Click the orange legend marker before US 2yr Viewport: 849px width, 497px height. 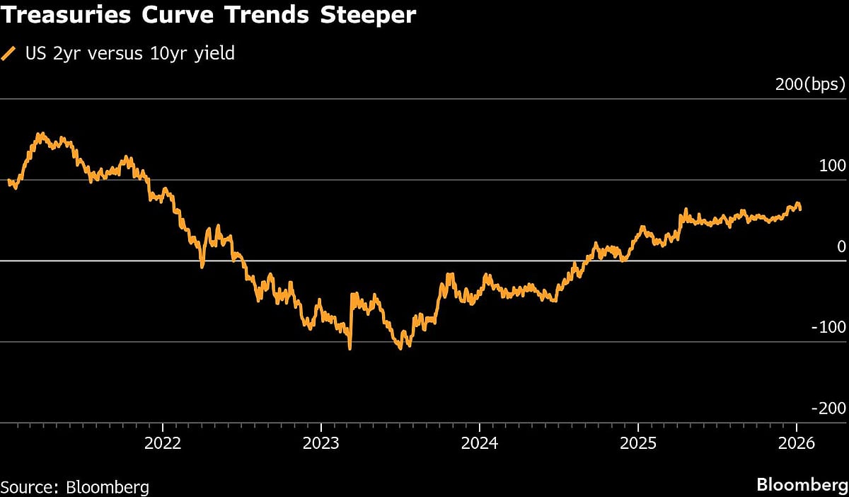[x=9, y=54]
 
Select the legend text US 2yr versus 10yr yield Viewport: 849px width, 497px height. [x=129, y=54]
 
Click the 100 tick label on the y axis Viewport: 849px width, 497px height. [x=833, y=166]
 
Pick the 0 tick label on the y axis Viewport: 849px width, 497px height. [x=841, y=246]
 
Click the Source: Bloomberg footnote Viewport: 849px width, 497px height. [x=75, y=487]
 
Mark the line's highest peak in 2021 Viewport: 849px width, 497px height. [x=40, y=133]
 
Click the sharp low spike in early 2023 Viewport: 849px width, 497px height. [x=350, y=348]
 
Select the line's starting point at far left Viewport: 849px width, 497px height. [x=8, y=181]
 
